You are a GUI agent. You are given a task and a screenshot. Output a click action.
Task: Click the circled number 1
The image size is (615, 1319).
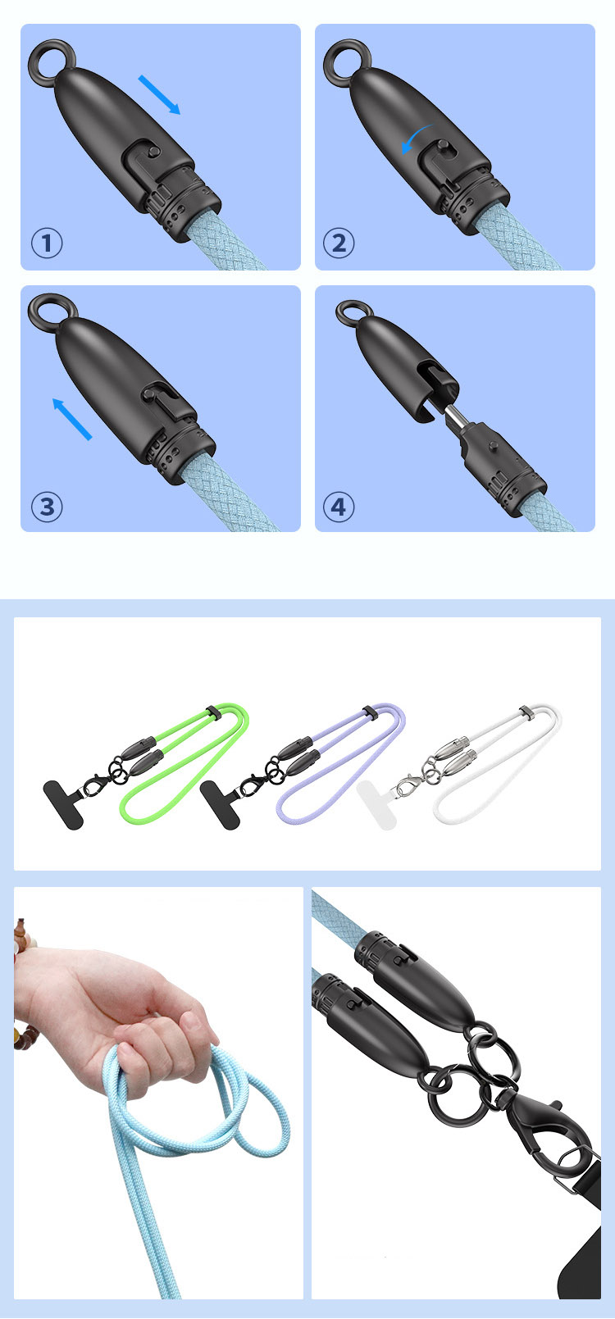tap(47, 243)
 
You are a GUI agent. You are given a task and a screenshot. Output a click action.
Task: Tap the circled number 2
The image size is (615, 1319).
tap(339, 243)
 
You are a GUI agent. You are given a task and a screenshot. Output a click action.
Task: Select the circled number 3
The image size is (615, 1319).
tap(47, 507)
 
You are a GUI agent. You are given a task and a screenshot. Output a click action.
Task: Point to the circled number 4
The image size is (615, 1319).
tap(339, 507)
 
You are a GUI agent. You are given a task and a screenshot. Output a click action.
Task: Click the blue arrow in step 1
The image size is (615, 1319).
tap(159, 94)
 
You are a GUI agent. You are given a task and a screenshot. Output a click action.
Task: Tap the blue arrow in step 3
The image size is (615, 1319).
tap(72, 419)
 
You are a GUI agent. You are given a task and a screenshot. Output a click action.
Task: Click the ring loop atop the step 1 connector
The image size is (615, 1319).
tap(48, 61)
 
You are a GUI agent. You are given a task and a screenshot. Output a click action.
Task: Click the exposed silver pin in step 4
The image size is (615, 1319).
tap(455, 416)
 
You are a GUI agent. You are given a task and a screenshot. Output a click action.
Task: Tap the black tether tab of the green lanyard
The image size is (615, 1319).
tap(63, 804)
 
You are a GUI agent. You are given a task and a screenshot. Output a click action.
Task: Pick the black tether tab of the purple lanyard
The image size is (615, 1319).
tap(220, 805)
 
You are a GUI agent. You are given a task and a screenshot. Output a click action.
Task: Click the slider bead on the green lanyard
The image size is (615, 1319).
tap(212, 712)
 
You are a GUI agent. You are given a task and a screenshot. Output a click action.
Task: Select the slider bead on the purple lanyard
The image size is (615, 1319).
tap(369, 712)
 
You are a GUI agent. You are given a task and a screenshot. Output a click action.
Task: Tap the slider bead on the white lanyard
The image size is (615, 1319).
tap(526, 712)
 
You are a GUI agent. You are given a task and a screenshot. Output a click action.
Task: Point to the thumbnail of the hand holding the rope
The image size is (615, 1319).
tap(158, 1092)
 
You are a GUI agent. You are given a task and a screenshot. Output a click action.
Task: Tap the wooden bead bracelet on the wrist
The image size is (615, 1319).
tap(22, 984)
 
